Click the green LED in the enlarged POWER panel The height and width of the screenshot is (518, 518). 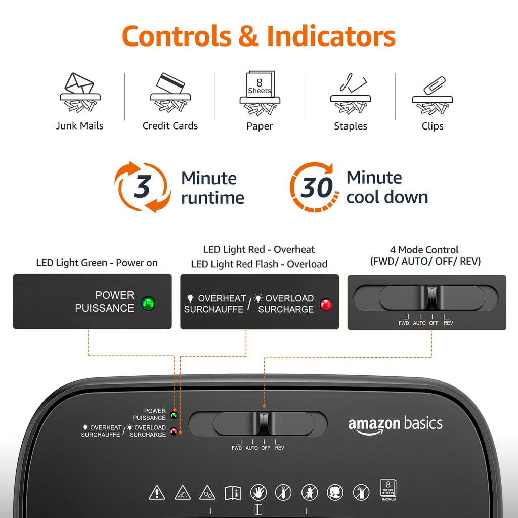pyautogui.click(x=148, y=304)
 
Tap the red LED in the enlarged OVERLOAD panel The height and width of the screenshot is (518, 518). pyautogui.click(x=326, y=304)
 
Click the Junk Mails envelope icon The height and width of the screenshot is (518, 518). pyautogui.click(x=80, y=93)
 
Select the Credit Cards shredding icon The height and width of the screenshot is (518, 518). pyautogui.click(x=170, y=93)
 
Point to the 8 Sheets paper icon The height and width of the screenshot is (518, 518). pyautogui.click(x=260, y=93)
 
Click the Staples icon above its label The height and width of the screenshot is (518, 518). pyautogui.click(x=351, y=94)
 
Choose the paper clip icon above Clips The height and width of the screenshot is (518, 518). pyautogui.click(x=433, y=96)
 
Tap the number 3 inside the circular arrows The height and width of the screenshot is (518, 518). pyautogui.click(x=142, y=187)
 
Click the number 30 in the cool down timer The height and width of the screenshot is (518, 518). pyautogui.click(x=317, y=187)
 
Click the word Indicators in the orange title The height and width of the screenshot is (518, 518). pyautogui.click(x=331, y=36)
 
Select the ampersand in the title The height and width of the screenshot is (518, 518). pyautogui.click(x=248, y=36)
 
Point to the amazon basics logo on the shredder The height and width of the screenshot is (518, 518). pyautogui.click(x=395, y=425)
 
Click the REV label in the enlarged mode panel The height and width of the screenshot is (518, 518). pyautogui.click(x=448, y=323)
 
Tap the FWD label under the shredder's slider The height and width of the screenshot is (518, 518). pyautogui.click(x=237, y=448)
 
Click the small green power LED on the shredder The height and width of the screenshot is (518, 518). pyautogui.click(x=174, y=415)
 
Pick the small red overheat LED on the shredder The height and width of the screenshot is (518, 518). pyautogui.click(x=174, y=431)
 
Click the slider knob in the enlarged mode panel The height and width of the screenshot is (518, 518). pyautogui.click(x=432, y=297)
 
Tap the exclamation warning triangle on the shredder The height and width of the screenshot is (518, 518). pyautogui.click(x=157, y=492)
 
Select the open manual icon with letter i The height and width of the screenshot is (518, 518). pyautogui.click(x=233, y=493)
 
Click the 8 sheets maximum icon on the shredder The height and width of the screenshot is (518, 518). pyautogui.click(x=388, y=490)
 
